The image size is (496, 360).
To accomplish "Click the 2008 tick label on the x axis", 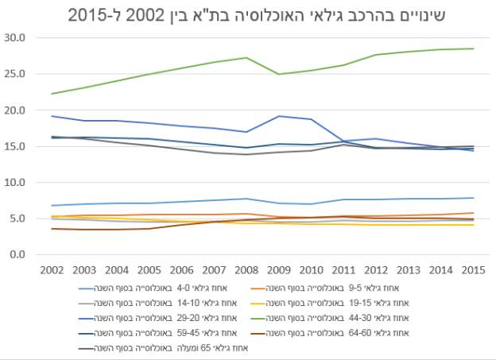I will coord(246,272).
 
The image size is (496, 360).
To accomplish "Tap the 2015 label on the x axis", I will coord(475,272).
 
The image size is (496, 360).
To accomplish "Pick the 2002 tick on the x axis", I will coord(52,272).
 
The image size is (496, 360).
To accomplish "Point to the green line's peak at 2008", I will coord(246,57).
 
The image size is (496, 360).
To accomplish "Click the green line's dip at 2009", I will coord(279,74).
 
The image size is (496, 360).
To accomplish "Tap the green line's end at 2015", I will coord(475,48).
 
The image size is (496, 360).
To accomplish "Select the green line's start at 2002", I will coord(52,94).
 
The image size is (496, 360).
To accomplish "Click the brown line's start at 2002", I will coord(52,229).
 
